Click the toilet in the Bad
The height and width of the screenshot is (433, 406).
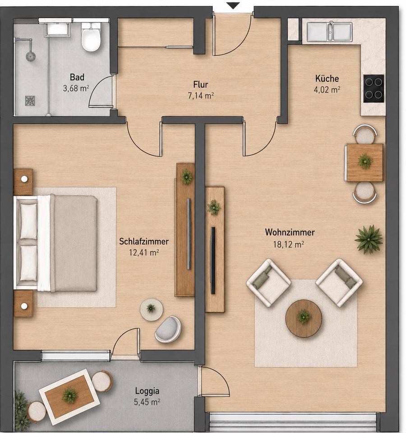tap(91, 37)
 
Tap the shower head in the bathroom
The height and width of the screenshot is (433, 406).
tap(31, 56)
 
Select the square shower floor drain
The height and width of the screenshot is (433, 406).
tap(30, 101)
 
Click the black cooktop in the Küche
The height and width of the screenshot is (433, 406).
tap(374, 88)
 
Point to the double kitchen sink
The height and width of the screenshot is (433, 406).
tap(329, 32)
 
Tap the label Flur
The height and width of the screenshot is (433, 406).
tap(201, 84)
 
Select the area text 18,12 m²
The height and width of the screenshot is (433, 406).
tap(289, 244)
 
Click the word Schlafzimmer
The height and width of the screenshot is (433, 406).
tap(144, 241)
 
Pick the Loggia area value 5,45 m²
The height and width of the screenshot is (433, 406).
tap(147, 402)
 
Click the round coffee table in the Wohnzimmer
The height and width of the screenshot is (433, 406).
tap(304, 318)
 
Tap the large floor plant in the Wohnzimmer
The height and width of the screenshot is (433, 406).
tap(369, 239)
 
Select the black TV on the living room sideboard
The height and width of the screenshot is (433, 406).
tap(213, 260)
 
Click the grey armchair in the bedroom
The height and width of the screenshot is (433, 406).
tap(168, 329)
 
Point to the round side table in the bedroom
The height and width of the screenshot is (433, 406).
tap(152, 309)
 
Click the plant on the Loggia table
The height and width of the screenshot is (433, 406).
tap(69, 395)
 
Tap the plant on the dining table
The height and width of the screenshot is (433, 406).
tap(365, 161)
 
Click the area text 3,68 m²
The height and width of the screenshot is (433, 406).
tap(76, 88)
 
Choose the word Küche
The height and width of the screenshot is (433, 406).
tap(327, 78)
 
